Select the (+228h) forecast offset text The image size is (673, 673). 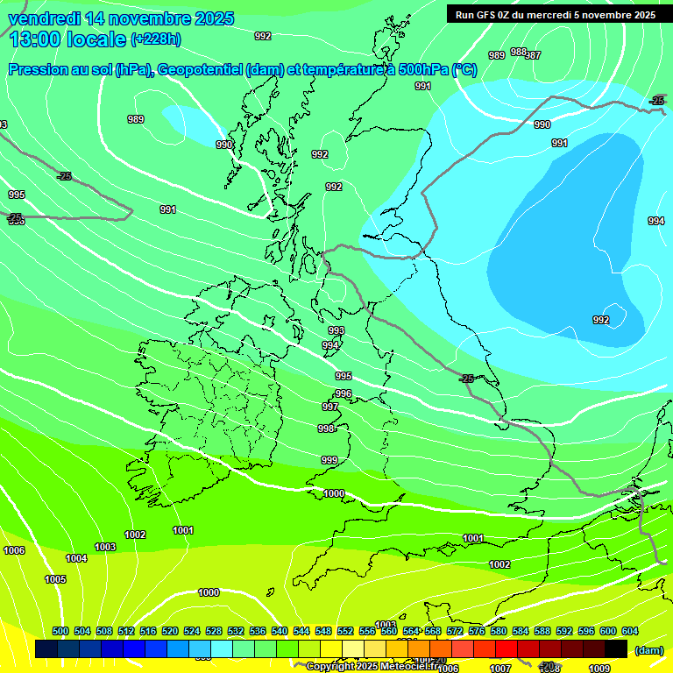pos(155,39)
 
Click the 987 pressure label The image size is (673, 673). pos(533,55)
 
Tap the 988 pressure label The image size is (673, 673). pos(518,52)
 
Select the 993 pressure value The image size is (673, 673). pos(336,330)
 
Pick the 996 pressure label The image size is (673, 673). pos(344,393)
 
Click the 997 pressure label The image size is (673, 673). pos(330,407)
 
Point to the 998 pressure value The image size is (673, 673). pos(326,429)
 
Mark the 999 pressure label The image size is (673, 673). pos(329,460)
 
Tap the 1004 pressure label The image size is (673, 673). pos(76,558)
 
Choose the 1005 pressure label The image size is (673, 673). pos(55,579)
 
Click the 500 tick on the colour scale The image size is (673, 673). pos(60,631)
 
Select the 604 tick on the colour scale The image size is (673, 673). pos(630,631)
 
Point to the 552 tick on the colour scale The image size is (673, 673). pos(345,631)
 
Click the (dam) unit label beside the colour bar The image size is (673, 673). pos(649,650)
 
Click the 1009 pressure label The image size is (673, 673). pos(599,669)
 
